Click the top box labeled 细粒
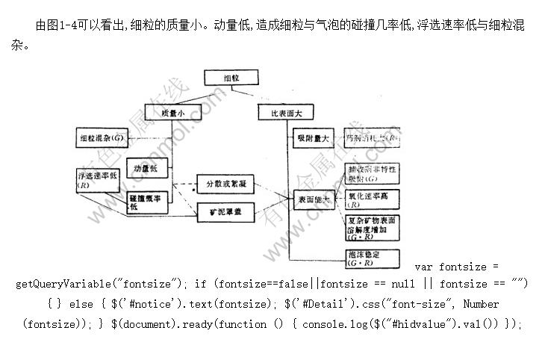(231, 78)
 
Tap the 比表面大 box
(286, 113)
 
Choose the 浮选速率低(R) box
(96, 180)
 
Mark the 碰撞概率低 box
(147, 202)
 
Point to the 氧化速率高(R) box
(371, 199)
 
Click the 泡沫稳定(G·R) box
(371, 258)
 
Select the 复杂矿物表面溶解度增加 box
(371, 228)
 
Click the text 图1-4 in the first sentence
(63, 26)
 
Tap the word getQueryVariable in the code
(62, 284)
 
